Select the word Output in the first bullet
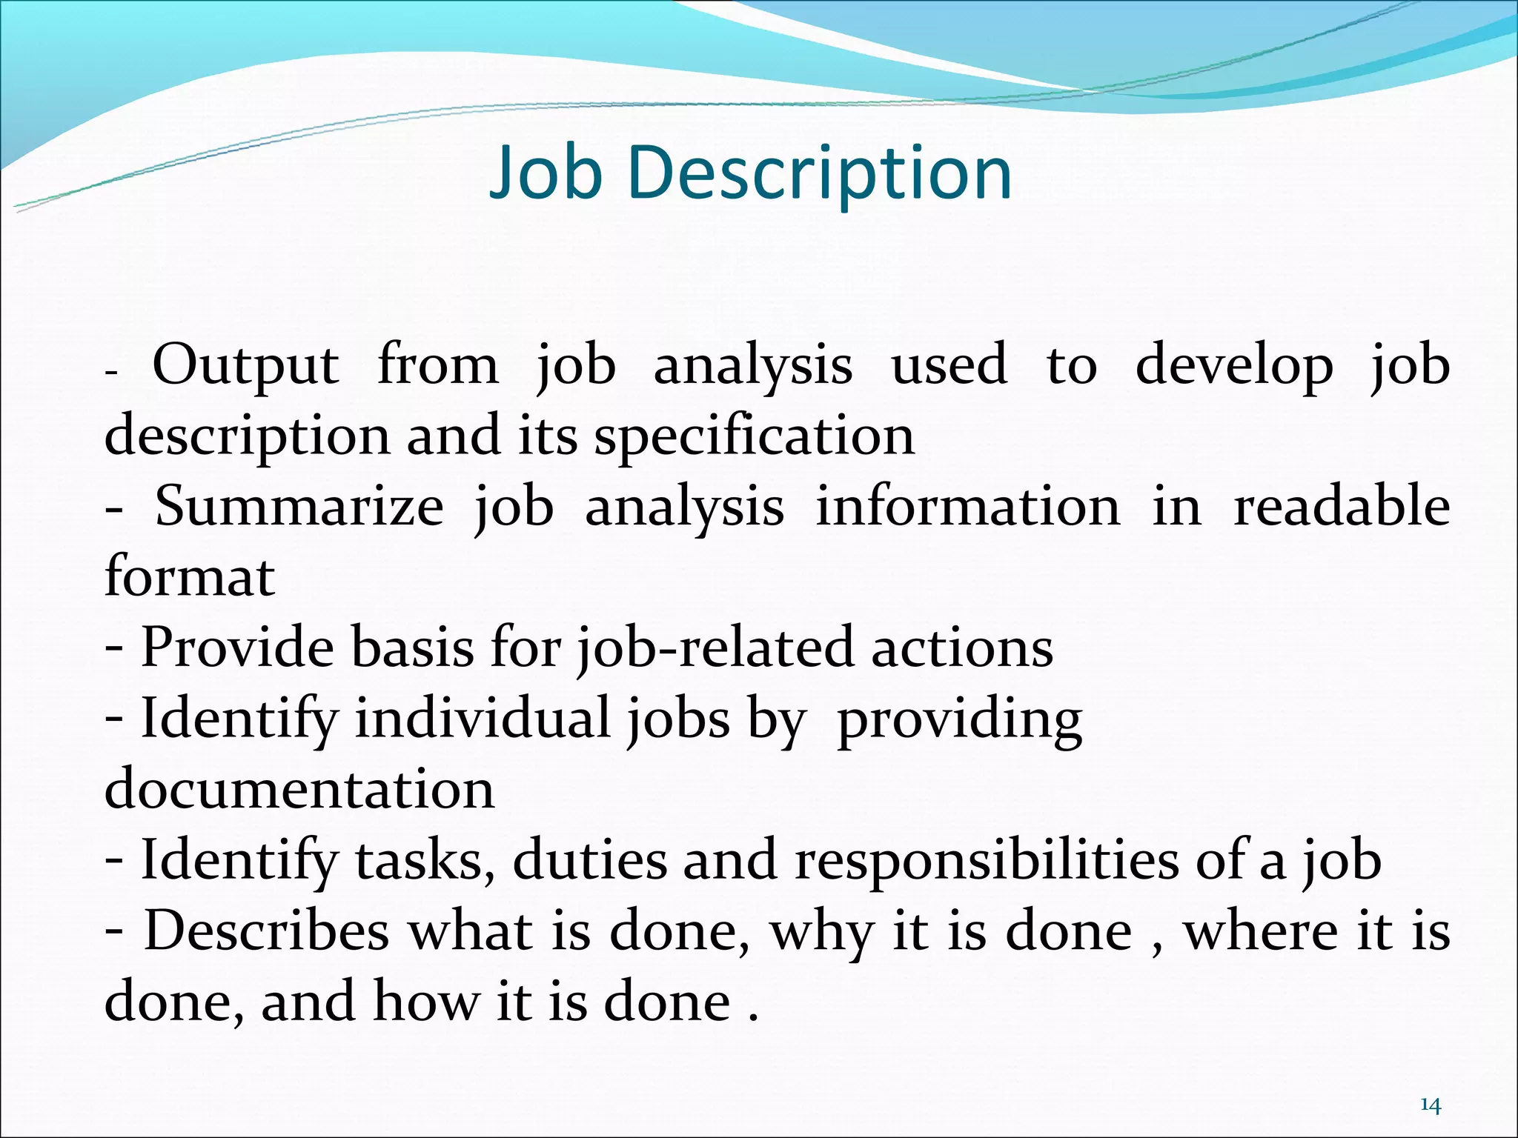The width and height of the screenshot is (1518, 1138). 245,366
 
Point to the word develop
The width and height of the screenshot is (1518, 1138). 1234,366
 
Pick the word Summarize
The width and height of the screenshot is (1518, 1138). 299,507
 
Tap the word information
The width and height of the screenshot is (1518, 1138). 968,507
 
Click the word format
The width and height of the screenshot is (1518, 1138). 190,578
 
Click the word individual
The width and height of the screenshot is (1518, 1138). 483,719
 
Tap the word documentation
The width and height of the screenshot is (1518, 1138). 299,789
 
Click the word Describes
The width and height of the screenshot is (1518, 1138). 267,931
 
